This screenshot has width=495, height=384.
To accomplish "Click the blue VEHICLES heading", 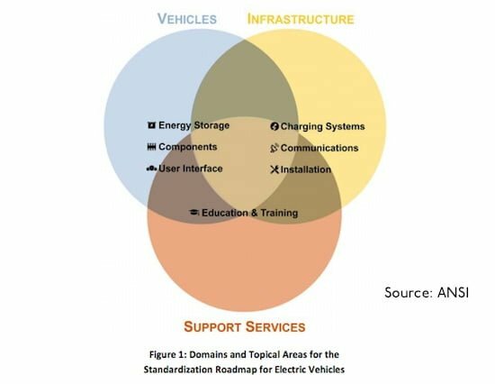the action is [187, 19].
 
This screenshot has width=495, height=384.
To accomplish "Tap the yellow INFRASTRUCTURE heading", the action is [301, 19].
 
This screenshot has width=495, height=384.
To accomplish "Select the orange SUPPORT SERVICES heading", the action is [245, 326].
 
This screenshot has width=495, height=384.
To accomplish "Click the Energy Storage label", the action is [193, 125].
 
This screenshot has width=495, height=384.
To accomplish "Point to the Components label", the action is [188, 147].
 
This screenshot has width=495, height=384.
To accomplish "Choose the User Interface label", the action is [191, 169].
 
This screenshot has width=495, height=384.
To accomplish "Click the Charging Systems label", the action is [322, 126].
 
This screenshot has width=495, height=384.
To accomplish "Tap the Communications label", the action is [319, 148].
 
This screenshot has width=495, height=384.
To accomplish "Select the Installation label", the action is [306, 169].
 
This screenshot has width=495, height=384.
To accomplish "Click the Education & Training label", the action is [249, 213].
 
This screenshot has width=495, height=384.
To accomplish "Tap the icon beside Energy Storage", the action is [151, 125].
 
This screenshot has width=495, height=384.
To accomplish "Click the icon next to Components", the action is [151, 147].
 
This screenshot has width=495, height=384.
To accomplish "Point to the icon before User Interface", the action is [151, 169].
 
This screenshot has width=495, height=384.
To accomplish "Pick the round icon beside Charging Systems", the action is [274, 126].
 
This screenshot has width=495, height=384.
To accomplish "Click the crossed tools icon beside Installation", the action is [274, 169].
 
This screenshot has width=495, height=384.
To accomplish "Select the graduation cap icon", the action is [194, 212].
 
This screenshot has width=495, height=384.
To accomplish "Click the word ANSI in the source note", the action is [453, 292].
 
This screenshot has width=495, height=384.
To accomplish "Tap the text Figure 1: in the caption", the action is [167, 354].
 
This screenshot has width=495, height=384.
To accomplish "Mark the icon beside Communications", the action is [274, 148].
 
